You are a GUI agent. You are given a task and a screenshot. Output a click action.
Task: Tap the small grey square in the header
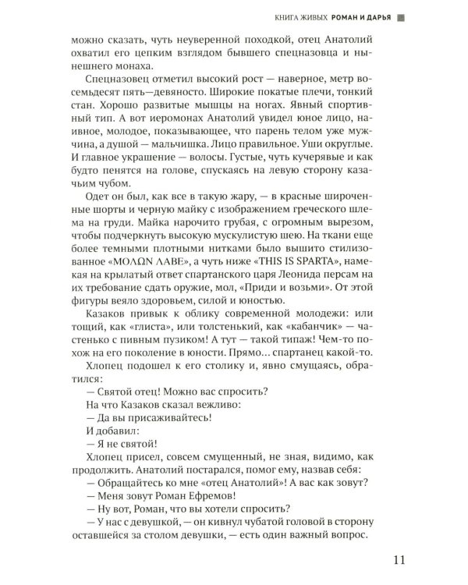pyautogui.click(x=400, y=15)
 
